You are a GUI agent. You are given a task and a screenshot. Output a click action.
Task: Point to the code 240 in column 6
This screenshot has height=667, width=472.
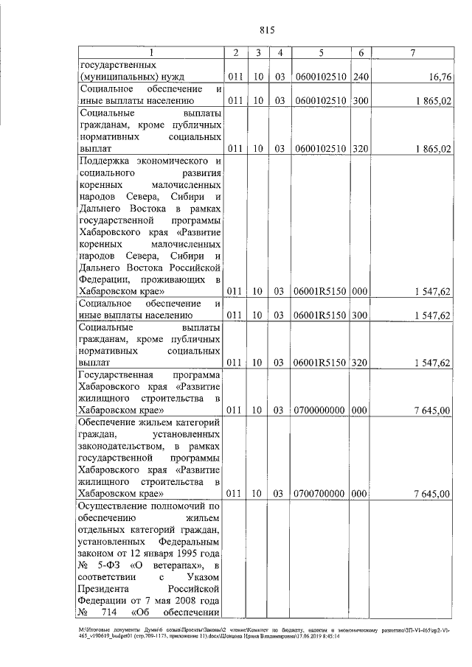pyautogui.click(x=360, y=76)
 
